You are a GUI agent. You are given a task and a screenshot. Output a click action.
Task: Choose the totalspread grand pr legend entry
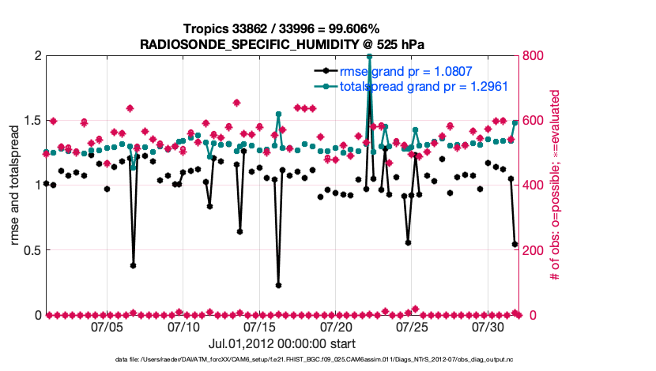[x=423, y=85]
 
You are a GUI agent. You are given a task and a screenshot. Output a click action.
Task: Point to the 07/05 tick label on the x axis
[x=107, y=326]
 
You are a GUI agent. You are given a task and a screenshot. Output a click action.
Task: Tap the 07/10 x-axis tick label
[x=183, y=326]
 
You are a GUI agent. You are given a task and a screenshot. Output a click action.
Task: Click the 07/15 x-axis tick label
[x=260, y=326]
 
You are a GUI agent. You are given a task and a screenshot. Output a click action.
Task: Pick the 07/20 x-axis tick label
[x=336, y=326]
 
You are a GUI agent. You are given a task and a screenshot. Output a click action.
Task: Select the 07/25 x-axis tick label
[x=412, y=326]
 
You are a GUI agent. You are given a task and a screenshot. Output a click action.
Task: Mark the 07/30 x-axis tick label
[x=488, y=326]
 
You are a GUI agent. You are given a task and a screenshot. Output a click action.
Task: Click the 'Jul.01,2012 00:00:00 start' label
[x=281, y=343]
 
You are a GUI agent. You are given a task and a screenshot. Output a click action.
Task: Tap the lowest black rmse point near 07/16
[x=278, y=285]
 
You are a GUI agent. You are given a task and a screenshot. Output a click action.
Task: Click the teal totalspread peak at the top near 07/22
[x=369, y=57]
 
